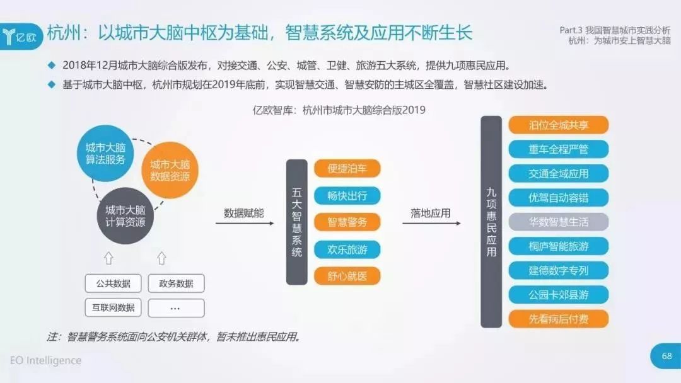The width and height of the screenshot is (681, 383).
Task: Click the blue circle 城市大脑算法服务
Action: [105, 153]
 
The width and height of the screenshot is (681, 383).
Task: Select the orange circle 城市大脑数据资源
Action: [170, 170]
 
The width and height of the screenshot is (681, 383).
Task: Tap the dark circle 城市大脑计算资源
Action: [125, 215]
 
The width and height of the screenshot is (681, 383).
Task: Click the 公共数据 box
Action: [113, 283]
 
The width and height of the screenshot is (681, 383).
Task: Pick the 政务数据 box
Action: [176, 283]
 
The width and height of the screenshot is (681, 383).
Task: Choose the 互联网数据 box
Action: [113, 307]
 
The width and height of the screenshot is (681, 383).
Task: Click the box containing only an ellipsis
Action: [176, 307]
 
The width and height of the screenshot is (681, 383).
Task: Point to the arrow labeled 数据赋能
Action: [245, 224]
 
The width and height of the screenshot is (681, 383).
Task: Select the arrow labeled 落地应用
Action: [431, 224]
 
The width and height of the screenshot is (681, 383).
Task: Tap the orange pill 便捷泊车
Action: [347, 168]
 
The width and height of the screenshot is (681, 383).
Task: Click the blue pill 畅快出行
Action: [347, 196]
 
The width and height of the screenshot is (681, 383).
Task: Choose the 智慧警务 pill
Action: [347, 222]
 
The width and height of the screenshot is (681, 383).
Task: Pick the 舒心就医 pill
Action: [347, 276]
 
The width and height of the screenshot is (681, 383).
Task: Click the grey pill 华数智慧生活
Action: [559, 222]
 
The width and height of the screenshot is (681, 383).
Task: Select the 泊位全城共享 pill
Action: [559, 125]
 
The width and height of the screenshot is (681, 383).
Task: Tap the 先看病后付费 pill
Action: [559, 319]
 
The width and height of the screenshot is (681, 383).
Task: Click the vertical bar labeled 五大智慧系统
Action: [296, 222]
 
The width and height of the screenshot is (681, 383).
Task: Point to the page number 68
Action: [666, 356]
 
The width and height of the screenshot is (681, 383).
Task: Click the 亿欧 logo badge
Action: [21, 37]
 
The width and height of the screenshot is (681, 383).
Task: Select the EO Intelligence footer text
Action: [45, 360]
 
